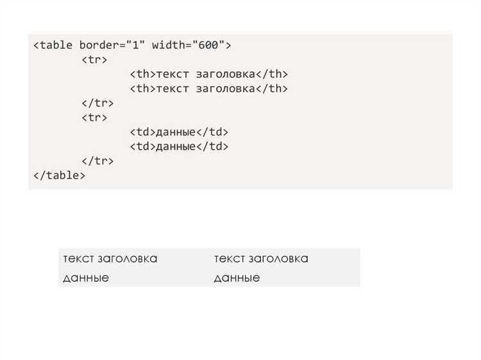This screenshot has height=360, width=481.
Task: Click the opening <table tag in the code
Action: point(55,46)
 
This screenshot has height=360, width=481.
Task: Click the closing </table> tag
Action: point(59,175)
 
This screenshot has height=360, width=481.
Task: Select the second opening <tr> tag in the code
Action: point(95,117)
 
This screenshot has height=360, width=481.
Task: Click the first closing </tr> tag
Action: point(97,103)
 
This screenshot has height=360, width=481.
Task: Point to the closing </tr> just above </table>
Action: point(97,161)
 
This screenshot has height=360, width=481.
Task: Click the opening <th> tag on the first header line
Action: point(142,74)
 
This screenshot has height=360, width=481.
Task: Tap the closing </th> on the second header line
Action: point(272,89)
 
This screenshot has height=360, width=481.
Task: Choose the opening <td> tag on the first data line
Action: point(142,132)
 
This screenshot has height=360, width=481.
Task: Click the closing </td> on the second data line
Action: point(212,146)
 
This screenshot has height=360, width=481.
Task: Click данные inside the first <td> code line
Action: point(175,132)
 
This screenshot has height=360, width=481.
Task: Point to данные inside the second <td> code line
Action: point(175,146)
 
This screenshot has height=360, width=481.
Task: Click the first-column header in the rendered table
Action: point(110,259)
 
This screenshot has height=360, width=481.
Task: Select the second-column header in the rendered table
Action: point(261,259)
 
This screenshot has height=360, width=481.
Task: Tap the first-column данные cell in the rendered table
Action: point(86,278)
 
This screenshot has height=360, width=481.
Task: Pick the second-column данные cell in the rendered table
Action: point(237,278)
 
